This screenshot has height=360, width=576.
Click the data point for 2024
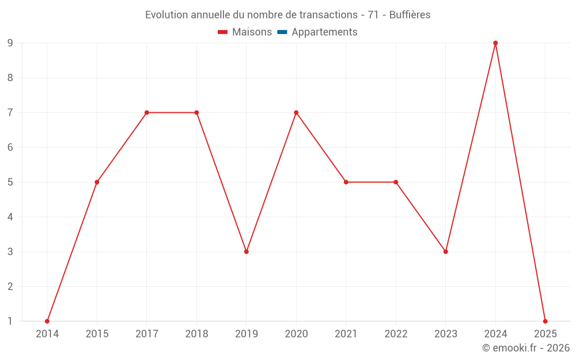pos(495,43)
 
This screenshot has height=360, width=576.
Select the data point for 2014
pos(47,321)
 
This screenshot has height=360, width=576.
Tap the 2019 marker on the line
pos(247,252)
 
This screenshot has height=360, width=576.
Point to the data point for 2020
pos(296,112)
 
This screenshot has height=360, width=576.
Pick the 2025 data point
pos(545,321)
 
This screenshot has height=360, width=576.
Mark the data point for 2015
pos(97,182)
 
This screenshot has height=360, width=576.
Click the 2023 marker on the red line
pos(445,252)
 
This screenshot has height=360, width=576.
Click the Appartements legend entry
pos(324,32)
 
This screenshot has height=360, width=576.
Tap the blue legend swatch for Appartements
pos(282,32)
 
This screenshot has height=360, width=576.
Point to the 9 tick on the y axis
pos(10,43)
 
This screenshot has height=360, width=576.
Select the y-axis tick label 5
pos(10,182)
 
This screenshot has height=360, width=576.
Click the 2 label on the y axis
pos(10,286)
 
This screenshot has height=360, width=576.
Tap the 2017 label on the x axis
pos(147,334)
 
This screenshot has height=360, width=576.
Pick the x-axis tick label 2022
pos(396,334)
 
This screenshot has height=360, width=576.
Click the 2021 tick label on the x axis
pos(346,334)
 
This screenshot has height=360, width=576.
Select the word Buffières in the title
pos(410,15)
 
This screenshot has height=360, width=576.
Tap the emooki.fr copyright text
pos(526,348)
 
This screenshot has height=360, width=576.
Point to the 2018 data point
pos(196,112)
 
